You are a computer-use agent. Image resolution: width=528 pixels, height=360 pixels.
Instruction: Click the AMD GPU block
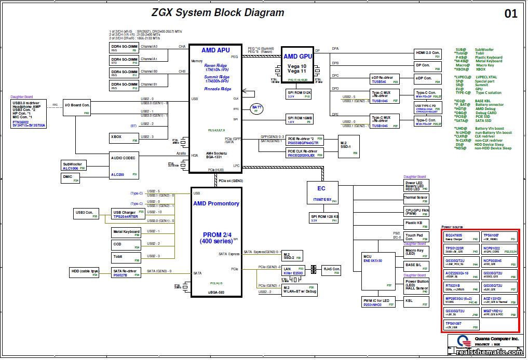coord(297,65)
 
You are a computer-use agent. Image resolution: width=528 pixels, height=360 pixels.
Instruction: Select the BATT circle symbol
coord(256,108)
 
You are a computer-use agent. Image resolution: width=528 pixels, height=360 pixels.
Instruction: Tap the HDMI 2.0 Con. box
coord(427,54)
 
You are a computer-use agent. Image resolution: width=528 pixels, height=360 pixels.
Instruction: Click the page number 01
coord(511,14)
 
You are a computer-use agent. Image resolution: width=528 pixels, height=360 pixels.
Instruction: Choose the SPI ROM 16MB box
coord(299,120)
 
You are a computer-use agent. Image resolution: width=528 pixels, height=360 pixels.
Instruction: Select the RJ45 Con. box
coord(331,270)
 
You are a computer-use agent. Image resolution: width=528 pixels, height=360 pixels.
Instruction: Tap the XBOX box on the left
coord(124,137)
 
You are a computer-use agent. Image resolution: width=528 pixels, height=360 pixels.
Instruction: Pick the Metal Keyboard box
coord(126,232)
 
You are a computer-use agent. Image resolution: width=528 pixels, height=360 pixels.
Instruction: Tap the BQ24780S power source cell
coord(461,237)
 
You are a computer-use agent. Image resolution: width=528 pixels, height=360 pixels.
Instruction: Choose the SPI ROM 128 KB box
coord(324,218)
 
